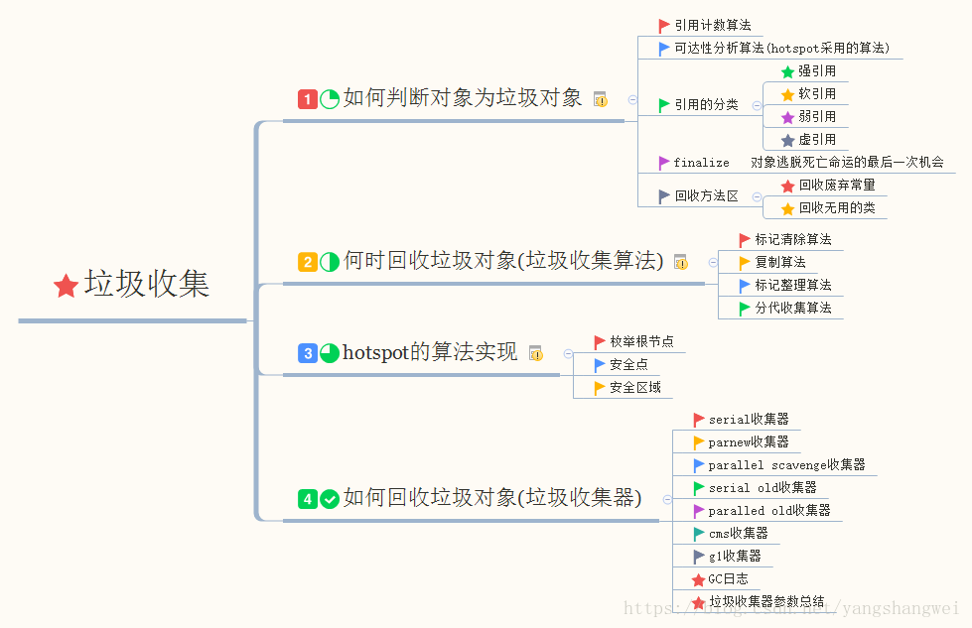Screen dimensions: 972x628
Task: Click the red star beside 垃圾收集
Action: tap(66, 286)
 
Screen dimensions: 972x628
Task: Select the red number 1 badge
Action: tap(308, 99)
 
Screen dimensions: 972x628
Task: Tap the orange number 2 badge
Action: tap(308, 262)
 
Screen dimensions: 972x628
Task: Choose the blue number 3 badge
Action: tap(308, 353)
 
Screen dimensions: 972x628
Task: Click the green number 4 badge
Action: tap(308, 499)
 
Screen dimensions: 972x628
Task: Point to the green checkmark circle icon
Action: tap(330, 499)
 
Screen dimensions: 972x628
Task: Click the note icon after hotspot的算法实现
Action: tap(536, 353)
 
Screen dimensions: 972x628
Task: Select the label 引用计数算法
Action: tap(713, 26)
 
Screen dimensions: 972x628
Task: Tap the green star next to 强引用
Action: tap(788, 71)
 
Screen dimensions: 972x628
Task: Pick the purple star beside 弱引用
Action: tap(788, 117)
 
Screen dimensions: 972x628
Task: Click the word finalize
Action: tap(701, 163)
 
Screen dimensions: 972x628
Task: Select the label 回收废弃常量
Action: tap(837, 186)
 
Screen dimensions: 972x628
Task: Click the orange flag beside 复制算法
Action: tap(745, 263)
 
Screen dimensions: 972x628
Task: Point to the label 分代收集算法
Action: tap(793, 308)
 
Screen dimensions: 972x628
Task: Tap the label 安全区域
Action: tap(635, 388)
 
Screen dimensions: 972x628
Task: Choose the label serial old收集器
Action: tap(763, 488)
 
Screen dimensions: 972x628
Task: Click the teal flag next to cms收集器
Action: tap(699, 534)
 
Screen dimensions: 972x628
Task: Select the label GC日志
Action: tap(729, 579)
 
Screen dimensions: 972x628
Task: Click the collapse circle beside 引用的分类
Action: tap(757, 106)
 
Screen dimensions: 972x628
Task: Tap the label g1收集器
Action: tap(735, 557)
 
